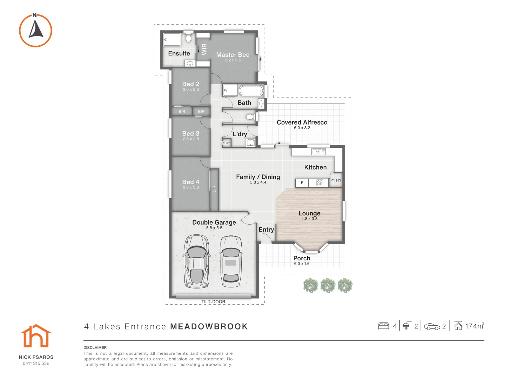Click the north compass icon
(35, 31)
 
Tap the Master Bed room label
(233, 55)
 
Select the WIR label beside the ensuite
(204, 49)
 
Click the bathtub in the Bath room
(251, 91)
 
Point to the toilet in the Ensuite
(188, 38)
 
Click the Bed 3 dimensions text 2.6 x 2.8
(191, 139)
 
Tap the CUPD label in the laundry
(227, 143)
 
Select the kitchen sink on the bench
(319, 152)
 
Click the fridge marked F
(302, 183)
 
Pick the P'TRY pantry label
(336, 180)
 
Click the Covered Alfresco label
(302, 122)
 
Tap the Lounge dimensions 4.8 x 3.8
(309, 219)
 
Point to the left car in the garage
(197, 260)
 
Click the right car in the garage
(231, 260)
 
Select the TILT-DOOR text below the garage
(213, 302)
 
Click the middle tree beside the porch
(328, 285)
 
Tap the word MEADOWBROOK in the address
(209, 327)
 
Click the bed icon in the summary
(384, 326)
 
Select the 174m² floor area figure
(474, 326)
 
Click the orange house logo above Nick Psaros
(36, 336)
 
